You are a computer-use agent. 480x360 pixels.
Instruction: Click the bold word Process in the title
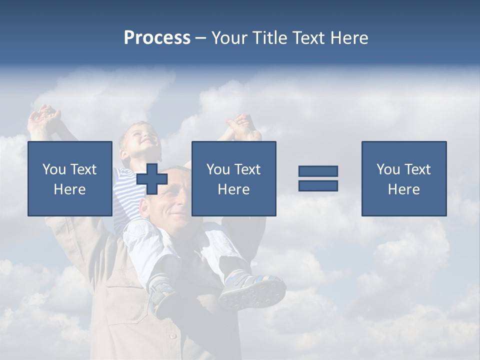(157, 38)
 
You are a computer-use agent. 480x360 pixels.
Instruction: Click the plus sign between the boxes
(152, 179)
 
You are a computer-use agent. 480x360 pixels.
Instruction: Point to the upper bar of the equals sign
(318, 171)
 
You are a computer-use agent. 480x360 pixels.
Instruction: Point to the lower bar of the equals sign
(318, 185)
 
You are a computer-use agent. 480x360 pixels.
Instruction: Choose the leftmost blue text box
(70, 178)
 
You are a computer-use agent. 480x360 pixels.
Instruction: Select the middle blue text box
(233, 178)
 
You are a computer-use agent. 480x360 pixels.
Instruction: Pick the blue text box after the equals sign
(403, 178)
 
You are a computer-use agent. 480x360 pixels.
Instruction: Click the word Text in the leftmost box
(83, 169)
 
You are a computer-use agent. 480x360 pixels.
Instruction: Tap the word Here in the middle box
(233, 189)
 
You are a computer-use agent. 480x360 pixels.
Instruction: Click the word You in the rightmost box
(388, 169)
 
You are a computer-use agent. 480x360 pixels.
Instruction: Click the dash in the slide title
(200, 38)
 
